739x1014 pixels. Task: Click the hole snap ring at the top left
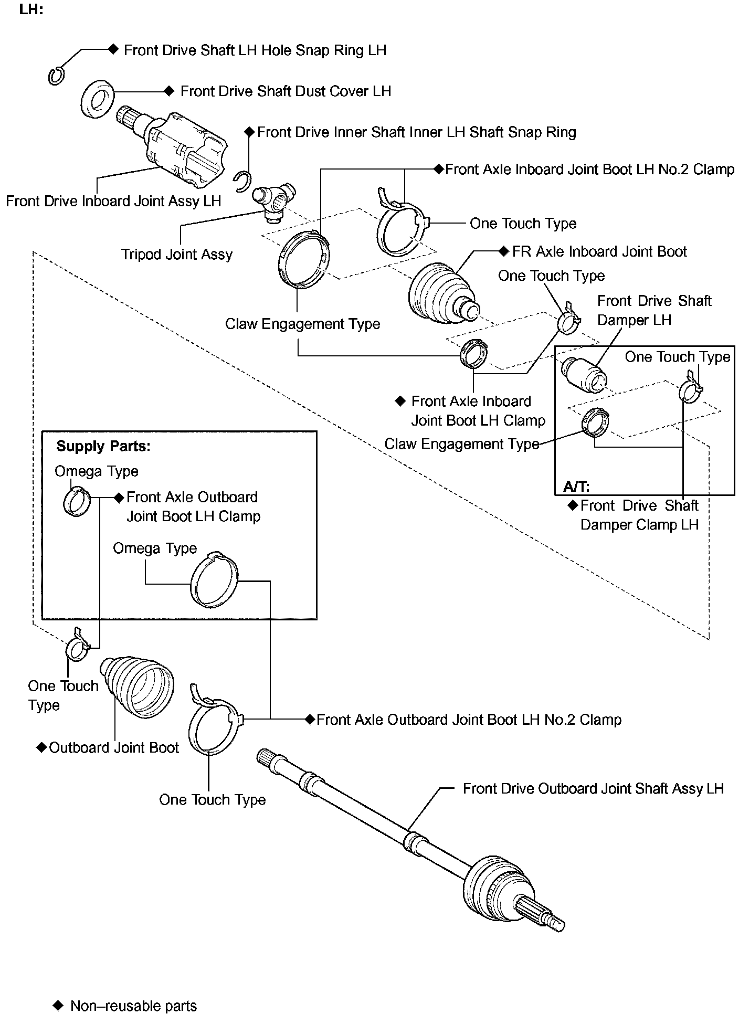point(56,76)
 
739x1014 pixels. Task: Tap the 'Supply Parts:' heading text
point(103,446)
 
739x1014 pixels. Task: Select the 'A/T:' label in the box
point(576,486)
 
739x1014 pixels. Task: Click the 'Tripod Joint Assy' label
point(177,255)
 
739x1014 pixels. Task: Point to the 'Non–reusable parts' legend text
point(133,1006)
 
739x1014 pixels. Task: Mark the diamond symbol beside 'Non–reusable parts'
point(58,1005)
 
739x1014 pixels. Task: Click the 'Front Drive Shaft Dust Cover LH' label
point(286,91)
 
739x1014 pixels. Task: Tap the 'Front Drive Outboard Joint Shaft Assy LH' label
point(593,789)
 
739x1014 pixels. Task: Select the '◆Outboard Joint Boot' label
point(109,748)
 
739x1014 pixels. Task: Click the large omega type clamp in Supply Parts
point(214,580)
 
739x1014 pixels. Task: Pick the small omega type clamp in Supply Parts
point(77,501)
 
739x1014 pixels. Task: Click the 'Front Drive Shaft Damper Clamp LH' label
point(639,515)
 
